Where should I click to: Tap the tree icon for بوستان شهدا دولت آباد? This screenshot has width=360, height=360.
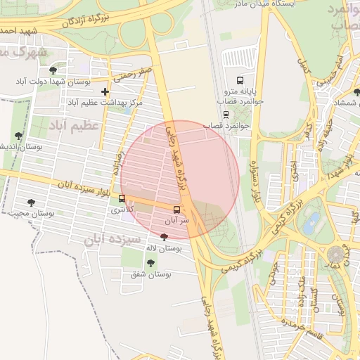click(54, 70)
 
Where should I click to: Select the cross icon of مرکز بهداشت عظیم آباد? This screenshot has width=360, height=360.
click(105, 91)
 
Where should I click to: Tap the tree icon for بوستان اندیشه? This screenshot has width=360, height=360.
click(18, 135)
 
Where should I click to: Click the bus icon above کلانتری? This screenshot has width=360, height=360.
click(122, 199)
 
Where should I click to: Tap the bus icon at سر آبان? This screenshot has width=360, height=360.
click(176, 210)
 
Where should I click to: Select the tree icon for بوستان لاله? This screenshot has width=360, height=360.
click(164, 238)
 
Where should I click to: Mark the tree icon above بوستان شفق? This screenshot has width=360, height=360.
click(150, 262)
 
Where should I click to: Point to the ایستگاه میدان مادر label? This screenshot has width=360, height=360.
click(281, 4)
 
